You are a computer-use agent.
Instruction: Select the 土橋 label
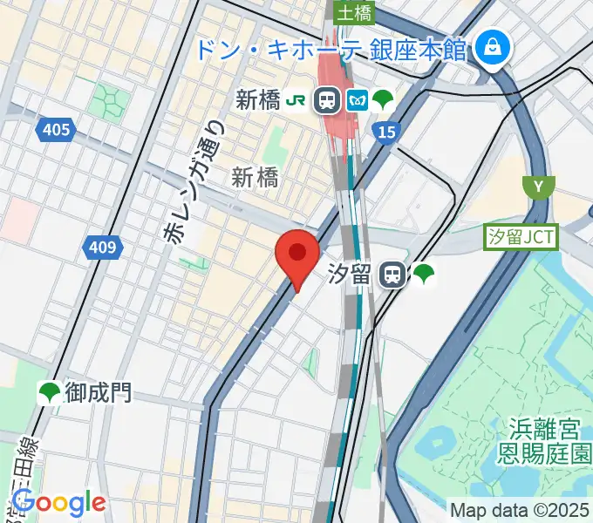(355, 11)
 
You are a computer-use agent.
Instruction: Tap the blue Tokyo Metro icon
(356, 100)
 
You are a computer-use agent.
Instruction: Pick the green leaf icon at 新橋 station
(382, 100)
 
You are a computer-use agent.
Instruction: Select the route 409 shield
(103, 248)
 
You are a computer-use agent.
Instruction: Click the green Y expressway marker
(538, 186)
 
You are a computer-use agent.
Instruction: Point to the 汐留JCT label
(521, 236)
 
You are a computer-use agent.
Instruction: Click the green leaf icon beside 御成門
(50, 393)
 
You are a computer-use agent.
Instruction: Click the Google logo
(58, 503)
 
